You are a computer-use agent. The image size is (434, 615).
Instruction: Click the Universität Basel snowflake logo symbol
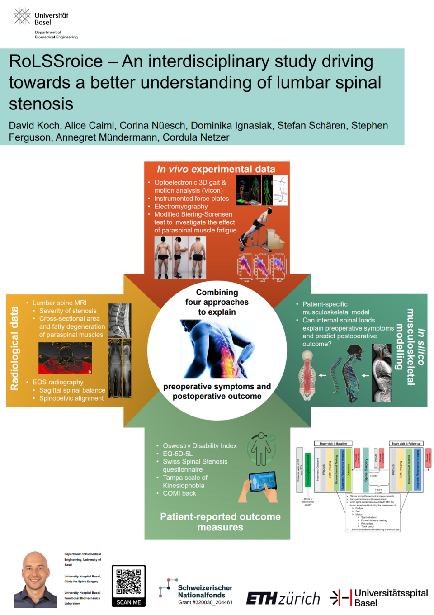point(22,16)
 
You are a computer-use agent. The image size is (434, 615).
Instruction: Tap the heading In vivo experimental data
point(216,169)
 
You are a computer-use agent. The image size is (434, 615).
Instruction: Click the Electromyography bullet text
point(181,207)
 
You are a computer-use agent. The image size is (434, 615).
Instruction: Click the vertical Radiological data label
point(14,348)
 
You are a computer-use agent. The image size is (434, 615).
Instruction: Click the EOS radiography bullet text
point(58,382)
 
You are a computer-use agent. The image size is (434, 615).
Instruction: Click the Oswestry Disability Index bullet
point(199,446)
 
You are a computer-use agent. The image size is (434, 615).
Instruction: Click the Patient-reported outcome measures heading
point(220,522)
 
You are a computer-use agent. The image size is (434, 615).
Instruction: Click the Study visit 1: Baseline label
point(333,444)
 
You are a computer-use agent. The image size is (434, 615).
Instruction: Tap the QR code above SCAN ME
point(128,582)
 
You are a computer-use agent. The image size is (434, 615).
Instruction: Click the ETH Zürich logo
point(283,599)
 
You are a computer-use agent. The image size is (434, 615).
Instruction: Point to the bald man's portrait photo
point(36,580)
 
